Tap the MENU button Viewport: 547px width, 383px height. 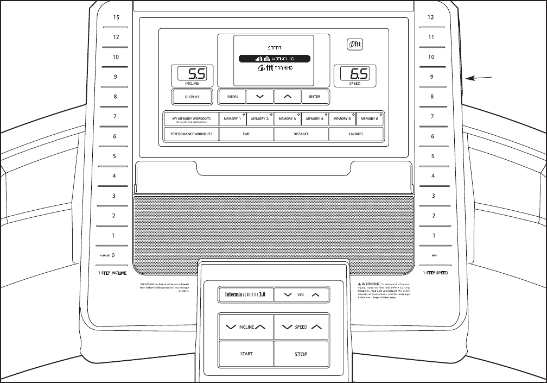tap(232, 97)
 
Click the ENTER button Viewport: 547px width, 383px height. tap(315, 97)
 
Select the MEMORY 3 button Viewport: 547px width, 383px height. tap(287, 118)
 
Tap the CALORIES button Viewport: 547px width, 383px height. tap(356, 134)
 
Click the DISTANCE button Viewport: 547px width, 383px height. tap(301, 134)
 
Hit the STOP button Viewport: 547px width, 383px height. tap(301, 354)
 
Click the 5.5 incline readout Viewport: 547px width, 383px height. tap(192, 74)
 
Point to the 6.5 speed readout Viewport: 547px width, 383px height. tap(355, 74)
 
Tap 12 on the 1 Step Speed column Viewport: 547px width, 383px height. tap(431, 17)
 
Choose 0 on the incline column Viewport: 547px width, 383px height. tap(113, 255)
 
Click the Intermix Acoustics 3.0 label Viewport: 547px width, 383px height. tap(245, 295)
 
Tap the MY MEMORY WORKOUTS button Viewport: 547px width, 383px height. tap(192, 118)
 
